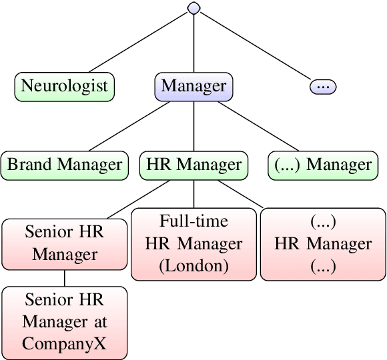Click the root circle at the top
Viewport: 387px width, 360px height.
[194, 8]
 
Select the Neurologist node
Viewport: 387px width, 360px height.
[65, 86]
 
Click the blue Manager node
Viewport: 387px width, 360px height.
[194, 86]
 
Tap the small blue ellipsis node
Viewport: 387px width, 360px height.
[323, 87]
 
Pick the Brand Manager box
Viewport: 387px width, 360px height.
[65, 165]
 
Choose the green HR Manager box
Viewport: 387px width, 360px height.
[194, 165]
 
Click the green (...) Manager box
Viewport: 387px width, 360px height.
[320, 165]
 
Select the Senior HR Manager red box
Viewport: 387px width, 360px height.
[65, 243]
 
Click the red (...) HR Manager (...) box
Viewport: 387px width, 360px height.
[323, 244]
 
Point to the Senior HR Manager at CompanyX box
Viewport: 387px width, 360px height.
[65, 322]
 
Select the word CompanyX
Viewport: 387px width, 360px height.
[65, 344]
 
